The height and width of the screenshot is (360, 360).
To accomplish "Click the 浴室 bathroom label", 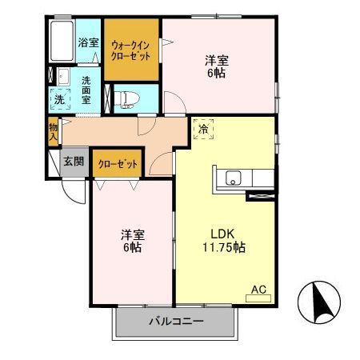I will coord(87,42).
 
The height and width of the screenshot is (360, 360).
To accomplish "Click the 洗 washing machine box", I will coord(59,100).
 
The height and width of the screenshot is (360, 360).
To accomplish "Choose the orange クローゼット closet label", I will coord(118,164).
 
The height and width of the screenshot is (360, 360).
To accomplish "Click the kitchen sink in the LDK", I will coord(234,178).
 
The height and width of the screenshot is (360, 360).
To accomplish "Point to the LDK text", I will coord(222,234).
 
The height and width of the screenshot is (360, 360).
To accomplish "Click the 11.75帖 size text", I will coord(222,247).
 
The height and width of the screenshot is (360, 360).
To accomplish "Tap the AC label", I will coord(259,289).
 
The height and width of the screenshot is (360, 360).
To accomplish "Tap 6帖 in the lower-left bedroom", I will coord(132,248).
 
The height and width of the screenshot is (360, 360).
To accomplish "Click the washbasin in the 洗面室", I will coord(62,78).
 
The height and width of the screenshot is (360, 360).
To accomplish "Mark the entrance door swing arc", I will coord(73,190).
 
